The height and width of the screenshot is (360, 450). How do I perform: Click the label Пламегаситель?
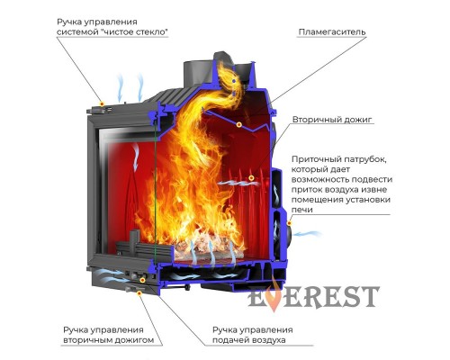332,31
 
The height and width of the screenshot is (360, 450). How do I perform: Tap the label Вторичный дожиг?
332,120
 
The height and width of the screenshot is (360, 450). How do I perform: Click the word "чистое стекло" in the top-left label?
134,31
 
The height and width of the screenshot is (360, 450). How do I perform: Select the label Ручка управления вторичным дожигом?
108,335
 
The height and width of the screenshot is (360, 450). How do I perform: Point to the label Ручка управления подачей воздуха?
252,335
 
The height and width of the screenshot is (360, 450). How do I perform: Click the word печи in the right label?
302,210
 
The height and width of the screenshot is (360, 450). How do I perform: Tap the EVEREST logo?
313,296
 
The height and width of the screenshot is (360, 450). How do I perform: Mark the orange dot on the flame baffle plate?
238,124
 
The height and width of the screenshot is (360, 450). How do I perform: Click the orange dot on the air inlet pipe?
290,223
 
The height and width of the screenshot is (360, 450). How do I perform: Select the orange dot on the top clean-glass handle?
102,104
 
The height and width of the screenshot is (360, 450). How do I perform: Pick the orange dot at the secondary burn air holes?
251,178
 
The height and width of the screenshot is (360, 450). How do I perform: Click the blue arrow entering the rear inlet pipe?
303,234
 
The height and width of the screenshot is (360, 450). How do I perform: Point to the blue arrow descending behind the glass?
136,156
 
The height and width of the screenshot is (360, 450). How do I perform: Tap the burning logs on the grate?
207,246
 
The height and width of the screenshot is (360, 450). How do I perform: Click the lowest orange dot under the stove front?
139,292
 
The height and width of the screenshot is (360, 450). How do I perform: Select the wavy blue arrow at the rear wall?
237,183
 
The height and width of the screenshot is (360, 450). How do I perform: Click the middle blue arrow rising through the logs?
211,254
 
